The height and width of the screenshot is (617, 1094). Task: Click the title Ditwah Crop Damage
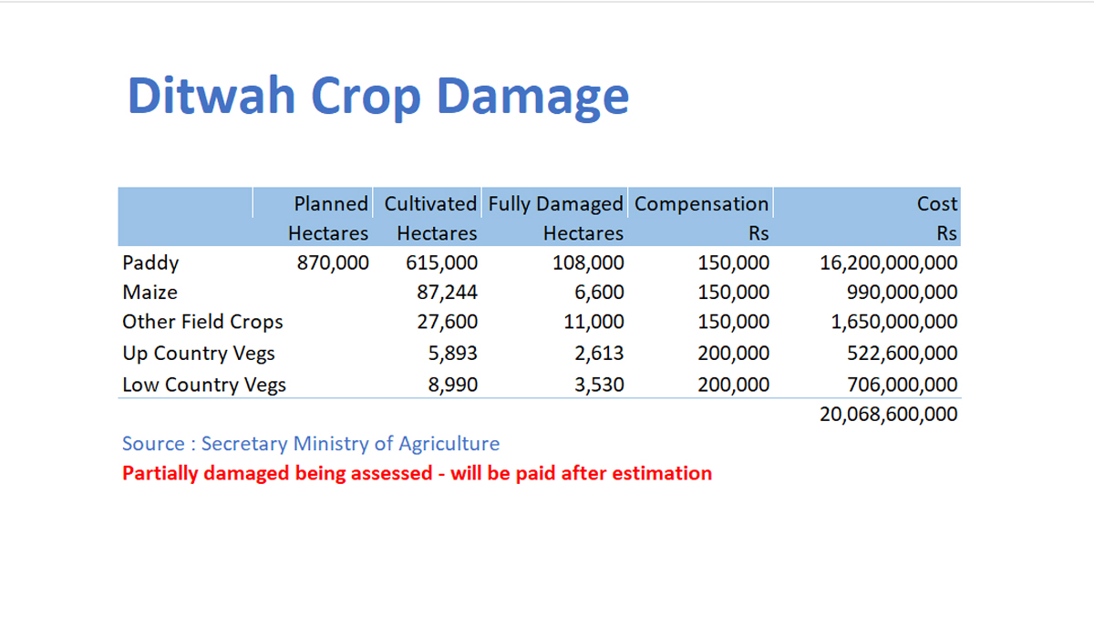tap(377, 96)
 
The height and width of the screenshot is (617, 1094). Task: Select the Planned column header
tap(330, 204)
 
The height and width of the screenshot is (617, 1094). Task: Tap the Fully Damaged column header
tap(555, 204)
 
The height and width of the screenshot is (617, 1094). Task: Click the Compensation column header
tap(701, 204)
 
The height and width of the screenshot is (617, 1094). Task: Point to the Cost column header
tap(937, 204)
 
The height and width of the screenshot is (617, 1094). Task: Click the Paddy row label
tap(150, 263)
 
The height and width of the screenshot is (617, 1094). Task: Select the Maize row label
tap(150, 293)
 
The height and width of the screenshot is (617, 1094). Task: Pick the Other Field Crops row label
tap(202, 322)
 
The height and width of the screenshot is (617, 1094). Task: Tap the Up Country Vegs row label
tap(198, 353)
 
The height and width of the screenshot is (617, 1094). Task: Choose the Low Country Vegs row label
tap(203, 385)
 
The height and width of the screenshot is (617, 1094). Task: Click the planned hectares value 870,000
tap(333, 263)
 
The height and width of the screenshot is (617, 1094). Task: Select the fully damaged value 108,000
tap(588, 263)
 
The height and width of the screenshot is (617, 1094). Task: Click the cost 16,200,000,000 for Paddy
tap(889, 263)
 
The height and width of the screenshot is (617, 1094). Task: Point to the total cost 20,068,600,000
tap(889, 415)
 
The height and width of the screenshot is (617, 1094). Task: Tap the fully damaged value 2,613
tap(599, 353)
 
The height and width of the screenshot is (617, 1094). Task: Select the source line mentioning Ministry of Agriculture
tap(311, 444)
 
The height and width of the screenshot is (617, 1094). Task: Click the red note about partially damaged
tap(417, 473)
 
